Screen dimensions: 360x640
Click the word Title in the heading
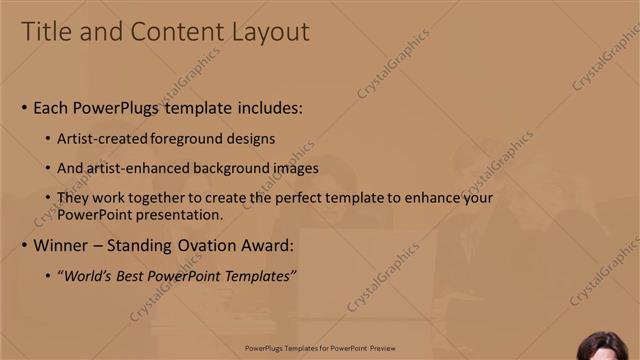coord(49,32)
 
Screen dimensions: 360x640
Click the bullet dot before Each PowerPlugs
coord(24,108)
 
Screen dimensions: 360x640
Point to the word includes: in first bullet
coord(267,108)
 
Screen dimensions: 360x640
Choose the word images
coord(297,168)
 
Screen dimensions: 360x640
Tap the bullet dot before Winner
coord(24,245)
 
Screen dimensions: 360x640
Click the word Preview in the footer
coord(382,349)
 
